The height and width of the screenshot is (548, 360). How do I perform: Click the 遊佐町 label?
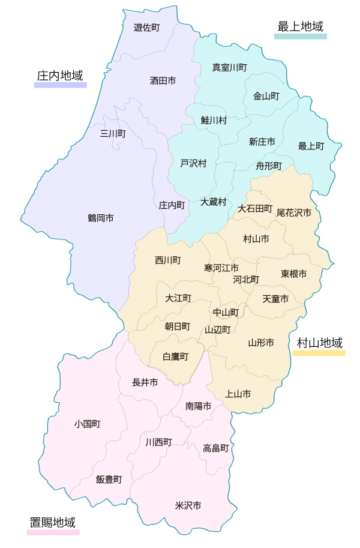(x=146, y=27)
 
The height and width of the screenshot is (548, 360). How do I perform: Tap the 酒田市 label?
(x=163, y=80)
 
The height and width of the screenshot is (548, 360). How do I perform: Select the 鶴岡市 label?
(x=101, y=218)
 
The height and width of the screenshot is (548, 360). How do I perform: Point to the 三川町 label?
(x=113, y=133)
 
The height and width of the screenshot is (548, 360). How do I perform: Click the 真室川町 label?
(x=229, y=68)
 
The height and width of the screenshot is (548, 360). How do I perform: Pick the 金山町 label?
(x=266, y=96)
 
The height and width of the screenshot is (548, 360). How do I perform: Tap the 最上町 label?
(x=311, y=146)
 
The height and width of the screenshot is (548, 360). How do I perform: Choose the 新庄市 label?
(x=262, y=142)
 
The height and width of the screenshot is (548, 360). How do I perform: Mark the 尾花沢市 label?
(x=294, y=212)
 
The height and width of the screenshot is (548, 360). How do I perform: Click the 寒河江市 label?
(x=221, y=267)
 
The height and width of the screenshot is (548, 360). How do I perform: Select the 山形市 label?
(x=261, y=343)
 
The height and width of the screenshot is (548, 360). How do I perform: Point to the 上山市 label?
(x=238, y=394)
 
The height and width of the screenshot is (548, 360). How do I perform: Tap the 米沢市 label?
(x=188, y=505)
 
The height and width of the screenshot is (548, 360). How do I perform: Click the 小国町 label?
(x=88, y=424)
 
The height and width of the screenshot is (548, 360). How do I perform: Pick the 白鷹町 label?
(x=176, y=357)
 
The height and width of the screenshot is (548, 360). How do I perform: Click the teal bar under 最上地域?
(x=301, y=36)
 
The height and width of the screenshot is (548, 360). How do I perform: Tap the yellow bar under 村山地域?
(x=319, y=353)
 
